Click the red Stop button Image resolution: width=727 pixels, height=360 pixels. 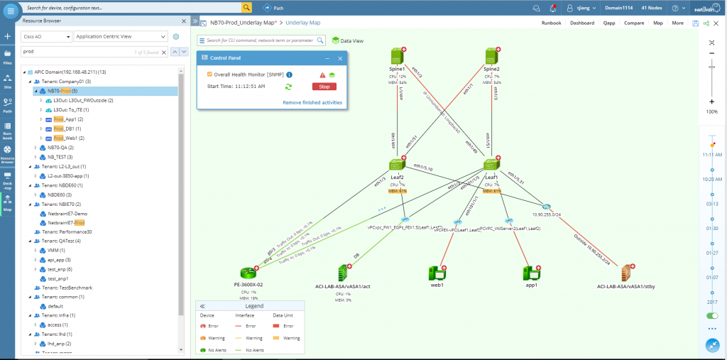tap(324, 87)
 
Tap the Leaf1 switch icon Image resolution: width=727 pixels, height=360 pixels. tap(491, 165)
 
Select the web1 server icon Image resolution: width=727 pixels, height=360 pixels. tap(436, 273)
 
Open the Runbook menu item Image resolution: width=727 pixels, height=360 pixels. tap(551, 23)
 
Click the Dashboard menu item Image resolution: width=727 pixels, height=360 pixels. tap(581, 23)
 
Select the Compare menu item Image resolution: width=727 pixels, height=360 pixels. tap(634, 23)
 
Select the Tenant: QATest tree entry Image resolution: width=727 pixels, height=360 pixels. tap(61, 241)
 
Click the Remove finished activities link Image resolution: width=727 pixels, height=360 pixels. tap(312, 102)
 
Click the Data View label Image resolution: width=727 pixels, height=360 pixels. tap(351, 41)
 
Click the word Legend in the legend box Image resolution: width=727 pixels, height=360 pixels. tap(254, 305)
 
